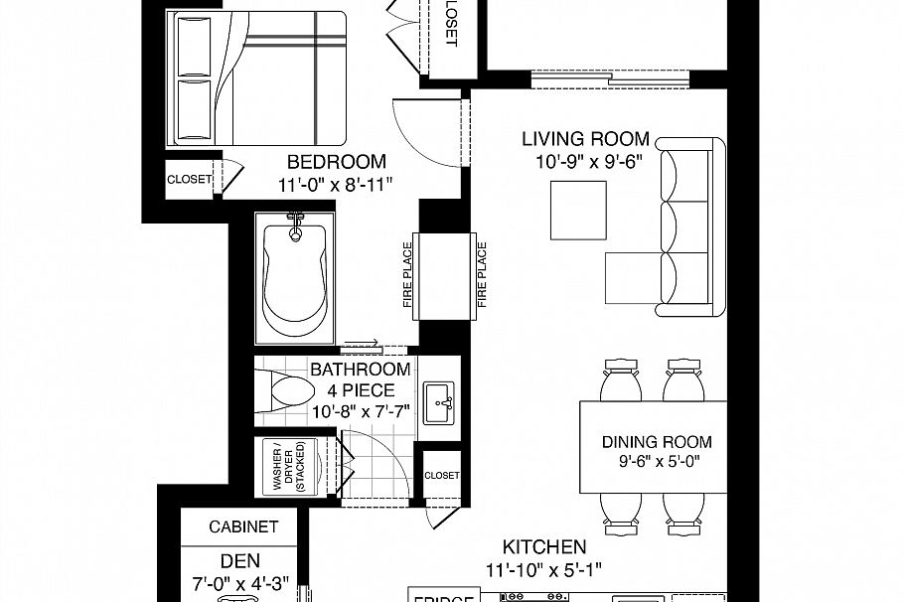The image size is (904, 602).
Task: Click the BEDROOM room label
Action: click(x=337, y=162)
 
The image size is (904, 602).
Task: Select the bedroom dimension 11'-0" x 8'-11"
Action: click(x=337, y=184)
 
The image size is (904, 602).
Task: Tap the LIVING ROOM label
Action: click(x=587, y=139)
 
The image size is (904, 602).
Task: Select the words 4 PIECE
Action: click(x=354, y=390)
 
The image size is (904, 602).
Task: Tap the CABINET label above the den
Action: click(x=243, y=527)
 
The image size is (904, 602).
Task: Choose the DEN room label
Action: click(x=240, y=560)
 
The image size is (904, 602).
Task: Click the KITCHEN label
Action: click(x=543, y=546)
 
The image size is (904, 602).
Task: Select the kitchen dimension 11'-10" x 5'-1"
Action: click(x=543, y=569)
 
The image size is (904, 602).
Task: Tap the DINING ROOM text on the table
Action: click(x=658, y=442)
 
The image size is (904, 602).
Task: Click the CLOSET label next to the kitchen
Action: click(x=441, y=476)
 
